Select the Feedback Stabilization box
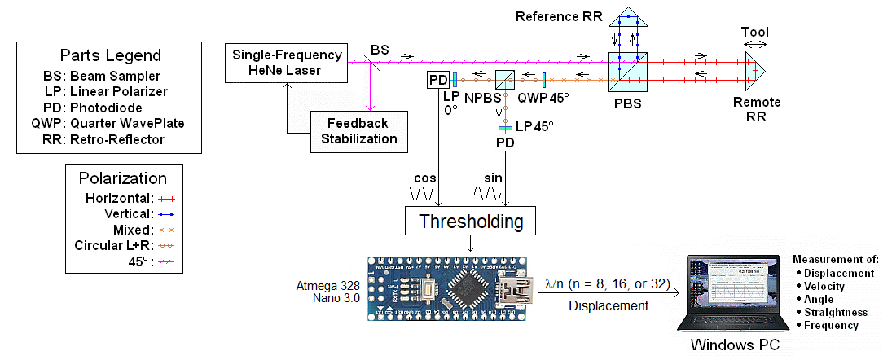[357, 131]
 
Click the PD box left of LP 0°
[437, 80]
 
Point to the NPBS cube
[506, 80]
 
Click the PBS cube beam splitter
[627, 71]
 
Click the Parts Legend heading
[110, 56]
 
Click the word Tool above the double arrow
[754, 31]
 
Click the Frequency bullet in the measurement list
[831, 325]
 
